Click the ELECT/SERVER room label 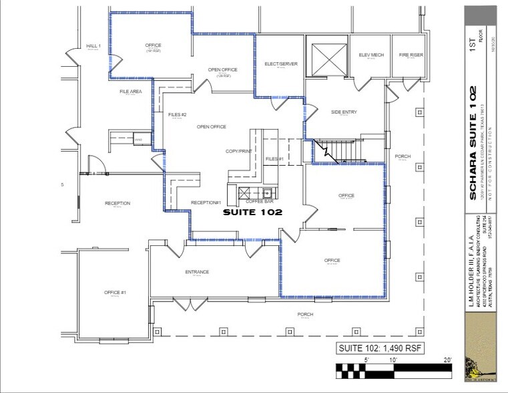(x=280, y=64)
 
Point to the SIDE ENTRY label (x=344, y=112)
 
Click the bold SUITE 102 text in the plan (x=252, y=212)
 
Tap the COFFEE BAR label (x=260, y=201)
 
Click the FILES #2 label (x=177, y=115)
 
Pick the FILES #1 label (x=275, y=158)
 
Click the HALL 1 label (x=93, y=46)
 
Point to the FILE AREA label (x=130, y=92)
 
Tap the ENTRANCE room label (x=197, y=272)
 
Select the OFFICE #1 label (x=115, y=293)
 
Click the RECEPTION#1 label (x=206, y=203)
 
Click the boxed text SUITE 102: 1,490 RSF (x=379, y=348)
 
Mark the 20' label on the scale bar (x=447, y=360)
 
